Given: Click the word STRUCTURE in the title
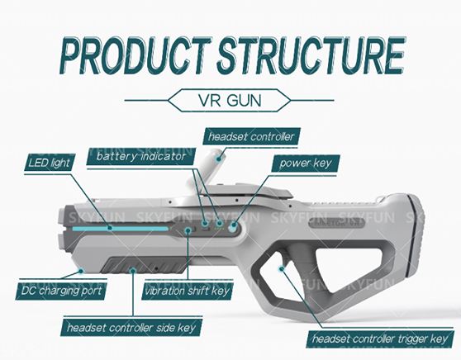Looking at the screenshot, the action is pos(311,56).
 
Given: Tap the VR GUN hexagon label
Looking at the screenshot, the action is pos(230,100).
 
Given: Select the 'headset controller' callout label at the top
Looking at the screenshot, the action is pos(251,136).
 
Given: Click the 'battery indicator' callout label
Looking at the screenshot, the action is pos(141,156).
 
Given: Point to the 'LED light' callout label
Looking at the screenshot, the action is pos(50,163).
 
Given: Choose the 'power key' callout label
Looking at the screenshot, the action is pos(305,163).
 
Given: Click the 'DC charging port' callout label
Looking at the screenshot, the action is pos(61,291).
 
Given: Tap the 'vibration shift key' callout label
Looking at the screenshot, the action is pos(187,291).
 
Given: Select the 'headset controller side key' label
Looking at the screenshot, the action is pos(131,327).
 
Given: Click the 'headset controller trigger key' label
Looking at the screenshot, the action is pos(380,339).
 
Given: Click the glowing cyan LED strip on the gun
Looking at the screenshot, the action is pos(121,229).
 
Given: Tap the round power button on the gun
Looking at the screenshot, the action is pos(234,226).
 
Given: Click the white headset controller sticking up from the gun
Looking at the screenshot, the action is pos(206,170).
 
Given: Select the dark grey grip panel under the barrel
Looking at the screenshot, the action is pos(144,264).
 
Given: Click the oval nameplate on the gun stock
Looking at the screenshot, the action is pos(337,222).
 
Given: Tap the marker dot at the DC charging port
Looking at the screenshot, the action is pos(82,270).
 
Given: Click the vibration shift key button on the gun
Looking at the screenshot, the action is pos(189,230).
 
